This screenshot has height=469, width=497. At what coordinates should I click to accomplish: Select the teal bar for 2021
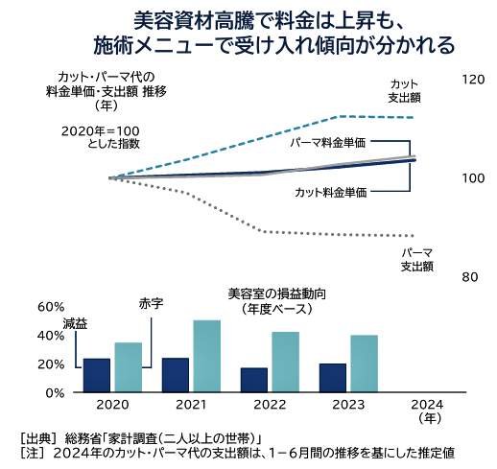pyautogui.click(x=207, y=356)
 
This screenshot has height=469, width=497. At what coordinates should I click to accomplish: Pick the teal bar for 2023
pyautogui.click(x=365, y=363)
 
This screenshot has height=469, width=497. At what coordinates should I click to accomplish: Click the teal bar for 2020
pyautogui.click(x=128, y=367)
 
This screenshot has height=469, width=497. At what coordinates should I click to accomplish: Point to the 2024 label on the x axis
pyautogui.click(x=428, y=406)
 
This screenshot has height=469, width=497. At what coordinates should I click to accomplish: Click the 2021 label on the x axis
pyautogui.click(x=191, y=406)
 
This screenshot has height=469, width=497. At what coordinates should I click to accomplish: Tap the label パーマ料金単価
pyautogui.click(x=329, y=142)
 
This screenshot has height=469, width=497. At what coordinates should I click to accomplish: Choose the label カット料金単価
pyautogui.click(x=330, y=193)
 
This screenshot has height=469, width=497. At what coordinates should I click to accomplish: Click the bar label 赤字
pyautogui.click(x=152, y=303)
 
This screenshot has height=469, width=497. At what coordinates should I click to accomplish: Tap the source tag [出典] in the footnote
pyautogui.click(x=37, y=437)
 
